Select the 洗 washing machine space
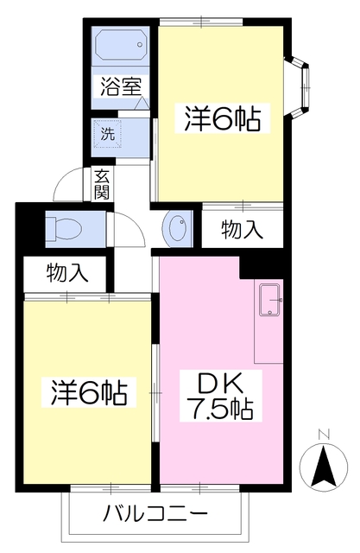[x=109, y=133]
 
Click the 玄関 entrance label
[x=102, y=182]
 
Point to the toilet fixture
[x=64, y=227]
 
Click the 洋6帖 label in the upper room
[x=221, y=118]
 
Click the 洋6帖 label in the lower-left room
[x=86, y=393]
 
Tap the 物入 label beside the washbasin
[x=242, y=229]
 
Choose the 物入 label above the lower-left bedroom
[x=67, y=274]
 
